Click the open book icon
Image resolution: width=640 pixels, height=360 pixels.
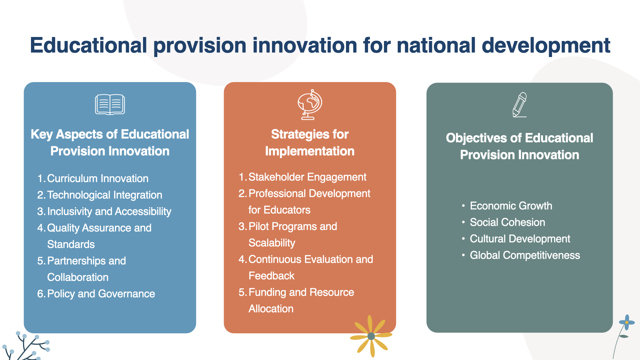110,105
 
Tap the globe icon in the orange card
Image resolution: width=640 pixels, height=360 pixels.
310,104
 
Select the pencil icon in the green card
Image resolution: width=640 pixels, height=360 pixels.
520,105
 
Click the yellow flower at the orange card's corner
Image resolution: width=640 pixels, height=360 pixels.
371,336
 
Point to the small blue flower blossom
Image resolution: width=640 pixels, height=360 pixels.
627,322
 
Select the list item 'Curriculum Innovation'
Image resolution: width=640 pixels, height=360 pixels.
98,178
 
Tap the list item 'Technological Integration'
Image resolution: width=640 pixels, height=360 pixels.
105,195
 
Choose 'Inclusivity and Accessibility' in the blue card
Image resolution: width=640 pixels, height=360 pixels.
109,211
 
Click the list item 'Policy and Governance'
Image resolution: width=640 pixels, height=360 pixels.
101,294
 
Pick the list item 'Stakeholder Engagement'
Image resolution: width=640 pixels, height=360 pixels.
307,177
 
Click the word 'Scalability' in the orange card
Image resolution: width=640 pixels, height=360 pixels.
272,243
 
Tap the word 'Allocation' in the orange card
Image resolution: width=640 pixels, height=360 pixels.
271,309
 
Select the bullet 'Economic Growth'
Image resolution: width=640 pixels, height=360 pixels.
511,206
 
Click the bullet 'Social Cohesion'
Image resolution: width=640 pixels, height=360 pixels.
507,222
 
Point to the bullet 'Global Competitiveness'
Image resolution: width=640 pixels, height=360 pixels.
525,255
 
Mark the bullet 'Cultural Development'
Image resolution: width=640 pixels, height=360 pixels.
520,239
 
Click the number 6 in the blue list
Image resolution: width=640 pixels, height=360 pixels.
41,294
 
